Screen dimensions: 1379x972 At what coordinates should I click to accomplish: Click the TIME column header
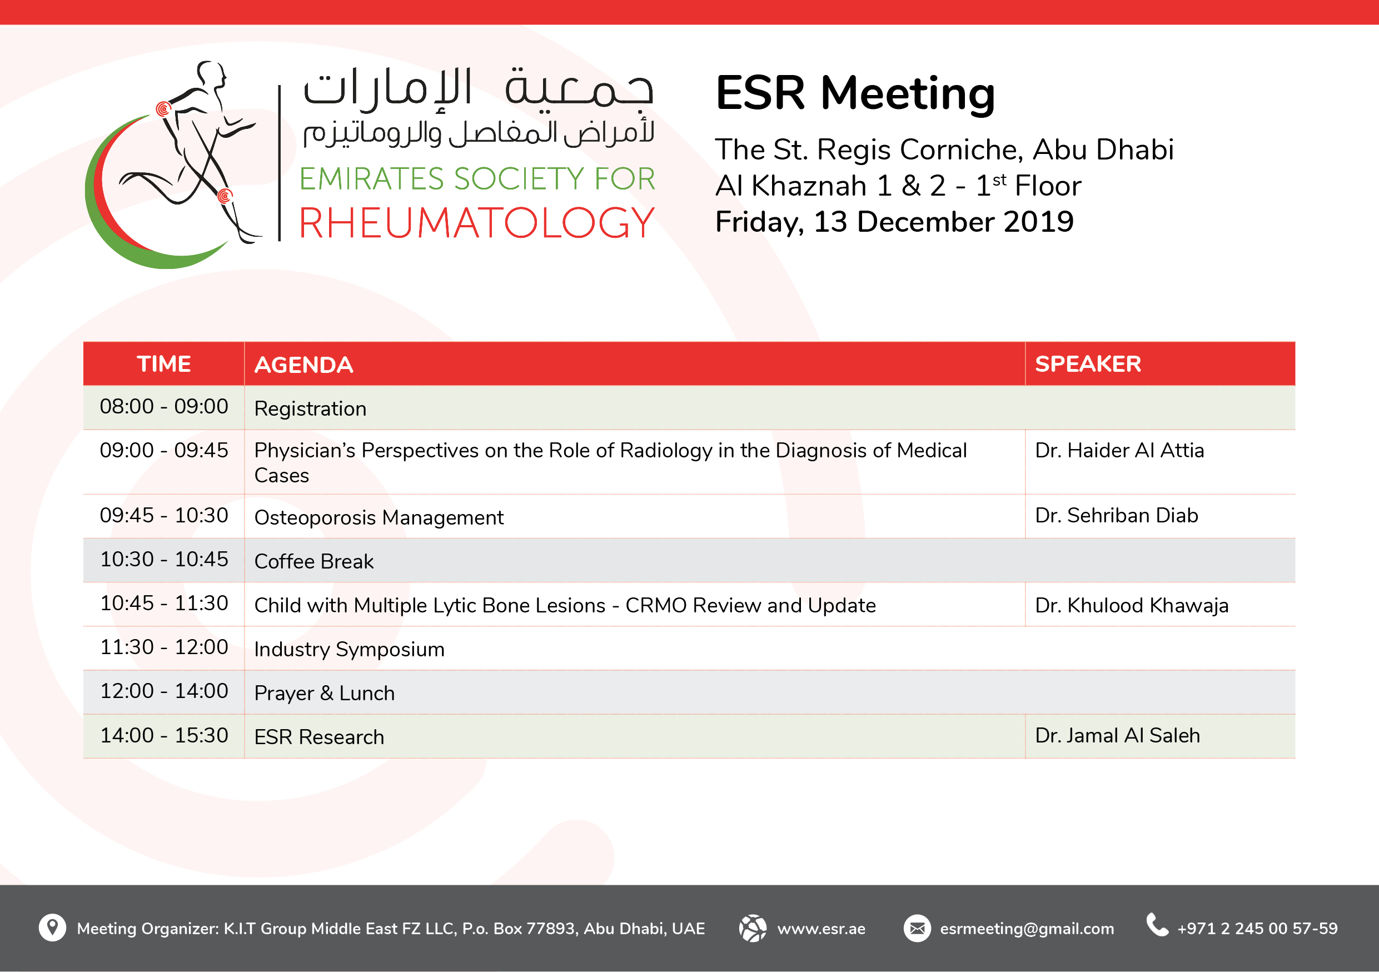point(163,364)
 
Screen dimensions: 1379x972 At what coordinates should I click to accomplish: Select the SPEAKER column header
point(1088,364)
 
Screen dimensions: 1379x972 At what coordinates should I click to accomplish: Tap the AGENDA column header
point(303,365)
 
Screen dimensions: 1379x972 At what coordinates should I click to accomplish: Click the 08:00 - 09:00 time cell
point(164,406)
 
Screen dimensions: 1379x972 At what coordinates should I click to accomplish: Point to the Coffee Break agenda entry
point(313,561)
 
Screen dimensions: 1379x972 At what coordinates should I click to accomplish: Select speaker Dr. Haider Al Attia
point(1119,450)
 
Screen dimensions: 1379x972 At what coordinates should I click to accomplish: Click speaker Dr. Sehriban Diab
point(1117,515)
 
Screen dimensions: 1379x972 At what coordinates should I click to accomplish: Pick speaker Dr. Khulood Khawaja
point(1132,605)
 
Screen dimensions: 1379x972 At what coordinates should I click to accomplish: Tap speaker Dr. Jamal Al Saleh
point(1117,735)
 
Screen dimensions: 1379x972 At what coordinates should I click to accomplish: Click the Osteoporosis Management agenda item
point(379,517)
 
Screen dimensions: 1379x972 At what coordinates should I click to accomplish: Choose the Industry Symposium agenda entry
point(349,650)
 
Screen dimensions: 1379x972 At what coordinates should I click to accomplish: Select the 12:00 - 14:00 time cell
point(164,691)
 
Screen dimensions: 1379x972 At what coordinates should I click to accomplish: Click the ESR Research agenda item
point(319,737)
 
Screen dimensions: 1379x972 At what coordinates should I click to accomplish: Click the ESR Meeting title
point(855,94)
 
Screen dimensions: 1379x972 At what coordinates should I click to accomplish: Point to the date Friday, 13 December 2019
point(894,222)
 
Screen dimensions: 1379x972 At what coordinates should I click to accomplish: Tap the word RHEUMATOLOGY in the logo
point(477,223)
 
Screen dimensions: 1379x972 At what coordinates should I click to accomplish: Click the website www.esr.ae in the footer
point(821,929)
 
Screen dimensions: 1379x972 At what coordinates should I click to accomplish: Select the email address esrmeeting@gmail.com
point(1027,929)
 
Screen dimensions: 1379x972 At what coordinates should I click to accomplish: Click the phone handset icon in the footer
point(1157,925)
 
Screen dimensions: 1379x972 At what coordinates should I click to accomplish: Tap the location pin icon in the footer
point(52,928)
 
